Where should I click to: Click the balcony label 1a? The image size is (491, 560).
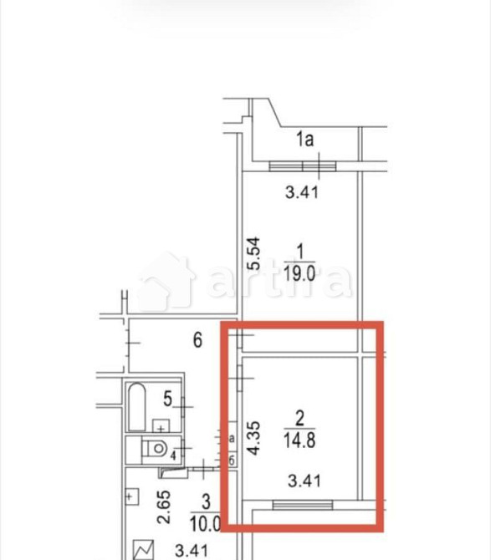pos(304,140)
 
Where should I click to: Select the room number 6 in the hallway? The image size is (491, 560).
pos(197,340)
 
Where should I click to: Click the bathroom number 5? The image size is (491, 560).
pos(167,398)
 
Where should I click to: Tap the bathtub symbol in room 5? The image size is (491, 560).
pos(136,407)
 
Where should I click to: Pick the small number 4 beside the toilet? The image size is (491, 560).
pos(173,456)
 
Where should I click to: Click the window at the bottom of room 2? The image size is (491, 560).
pos(302,503)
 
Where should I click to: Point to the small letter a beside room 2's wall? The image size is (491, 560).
pos(231,437)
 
